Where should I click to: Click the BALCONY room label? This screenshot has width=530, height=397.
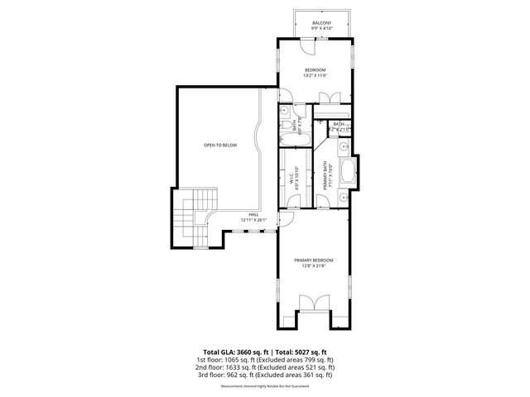coord(321,22)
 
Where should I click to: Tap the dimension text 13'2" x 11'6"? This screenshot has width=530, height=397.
coord(315,75)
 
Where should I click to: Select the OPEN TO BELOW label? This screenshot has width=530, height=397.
coord(220,145)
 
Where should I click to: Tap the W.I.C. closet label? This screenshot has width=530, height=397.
coord(291,176)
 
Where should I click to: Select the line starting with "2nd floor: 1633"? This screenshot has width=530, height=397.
coord(265,367)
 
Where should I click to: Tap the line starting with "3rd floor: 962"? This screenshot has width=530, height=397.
coord(265,375)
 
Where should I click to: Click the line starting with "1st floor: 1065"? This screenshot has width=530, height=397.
coord(265,360)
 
